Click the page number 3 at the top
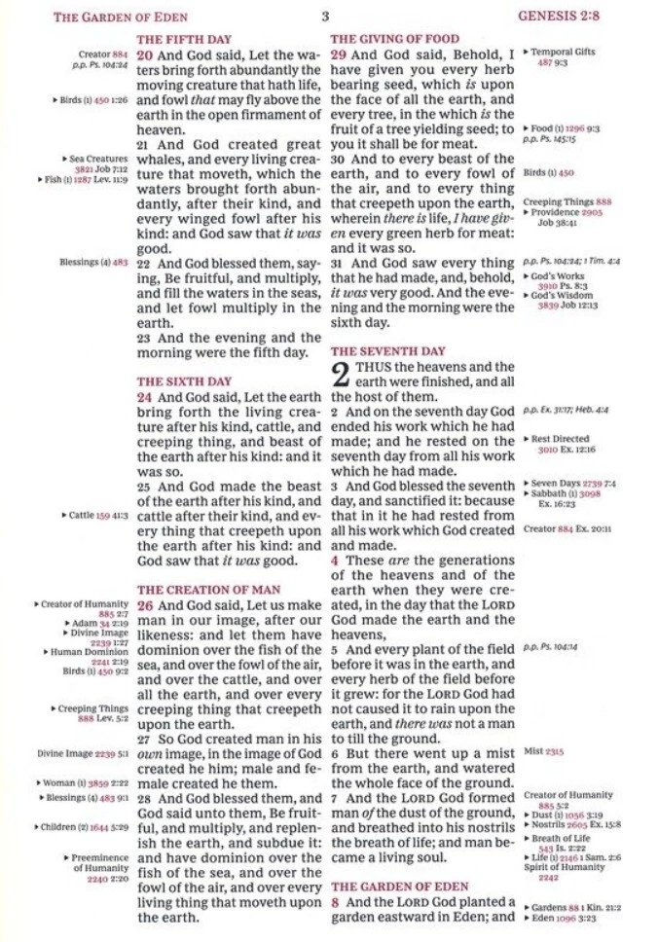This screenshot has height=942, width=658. pos(325,17)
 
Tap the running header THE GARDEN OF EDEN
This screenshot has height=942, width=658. pos(120,17)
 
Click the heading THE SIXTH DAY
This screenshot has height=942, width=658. pos(176,382)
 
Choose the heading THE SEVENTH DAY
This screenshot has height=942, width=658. pos(388,350)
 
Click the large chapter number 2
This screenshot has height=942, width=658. pos(341,376)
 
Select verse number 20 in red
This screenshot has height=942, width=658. pos(145,55)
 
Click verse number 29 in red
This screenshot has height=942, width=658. pos(339,55)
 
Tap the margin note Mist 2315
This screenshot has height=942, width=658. pos(543,751)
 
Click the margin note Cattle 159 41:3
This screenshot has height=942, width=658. pos(97,515)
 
